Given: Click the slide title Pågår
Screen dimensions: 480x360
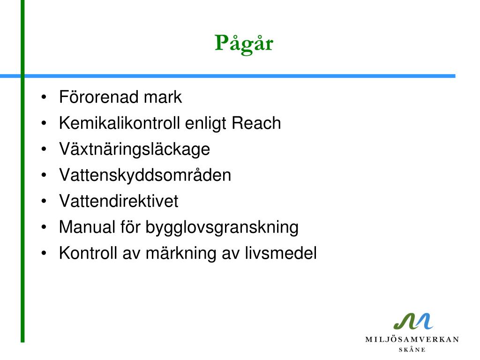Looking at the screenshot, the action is tap(244, 44).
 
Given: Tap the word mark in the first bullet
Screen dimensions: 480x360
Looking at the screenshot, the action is tap(163, 97).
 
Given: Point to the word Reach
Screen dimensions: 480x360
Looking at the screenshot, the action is tap(256, 123).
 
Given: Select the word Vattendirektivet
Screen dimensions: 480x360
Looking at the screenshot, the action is tap(119, 201).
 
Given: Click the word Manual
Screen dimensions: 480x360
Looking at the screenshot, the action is tap(87, 227).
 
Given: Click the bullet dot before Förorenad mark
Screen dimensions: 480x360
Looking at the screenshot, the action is tap(44, 97).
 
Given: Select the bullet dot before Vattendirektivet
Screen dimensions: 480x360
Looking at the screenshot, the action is tap(44, 202).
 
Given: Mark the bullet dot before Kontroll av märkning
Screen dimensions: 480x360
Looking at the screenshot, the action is tap(44, 254).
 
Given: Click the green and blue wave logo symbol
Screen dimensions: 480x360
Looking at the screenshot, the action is tap(413, 322).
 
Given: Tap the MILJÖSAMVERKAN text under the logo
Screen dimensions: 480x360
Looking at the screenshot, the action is tap(412, 339).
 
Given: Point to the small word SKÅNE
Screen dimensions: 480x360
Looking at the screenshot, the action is tap(412, 350).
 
